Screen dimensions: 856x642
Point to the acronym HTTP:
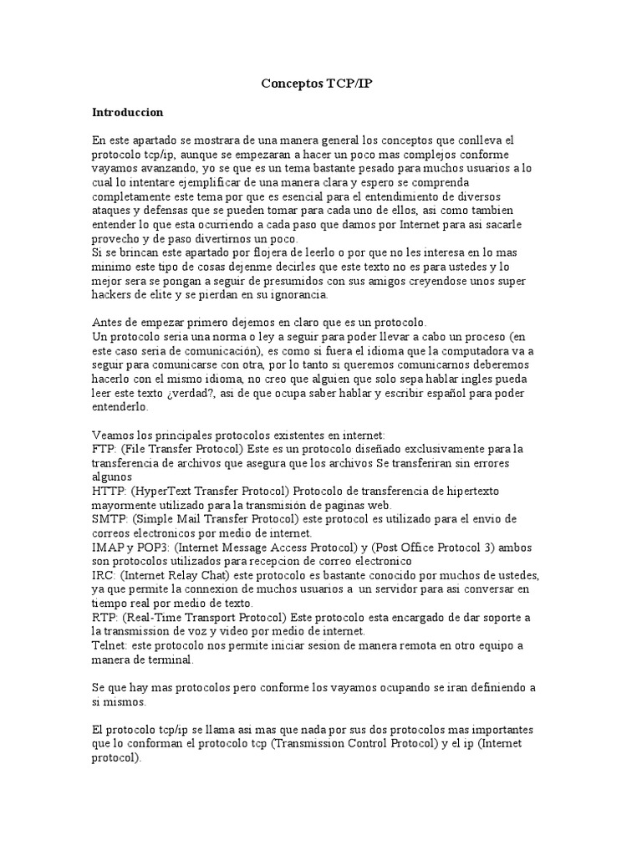click(x=110, y=490)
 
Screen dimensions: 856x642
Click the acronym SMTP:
click(x=110, y=518)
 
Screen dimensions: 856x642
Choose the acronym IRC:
click(x=104, y=576)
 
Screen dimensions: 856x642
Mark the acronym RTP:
click(x=105, y=617)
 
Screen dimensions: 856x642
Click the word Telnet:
click(x=112, y=645)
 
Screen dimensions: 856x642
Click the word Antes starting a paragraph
click(x=109, y=322)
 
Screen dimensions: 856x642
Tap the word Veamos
click(x=114, y=435)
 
